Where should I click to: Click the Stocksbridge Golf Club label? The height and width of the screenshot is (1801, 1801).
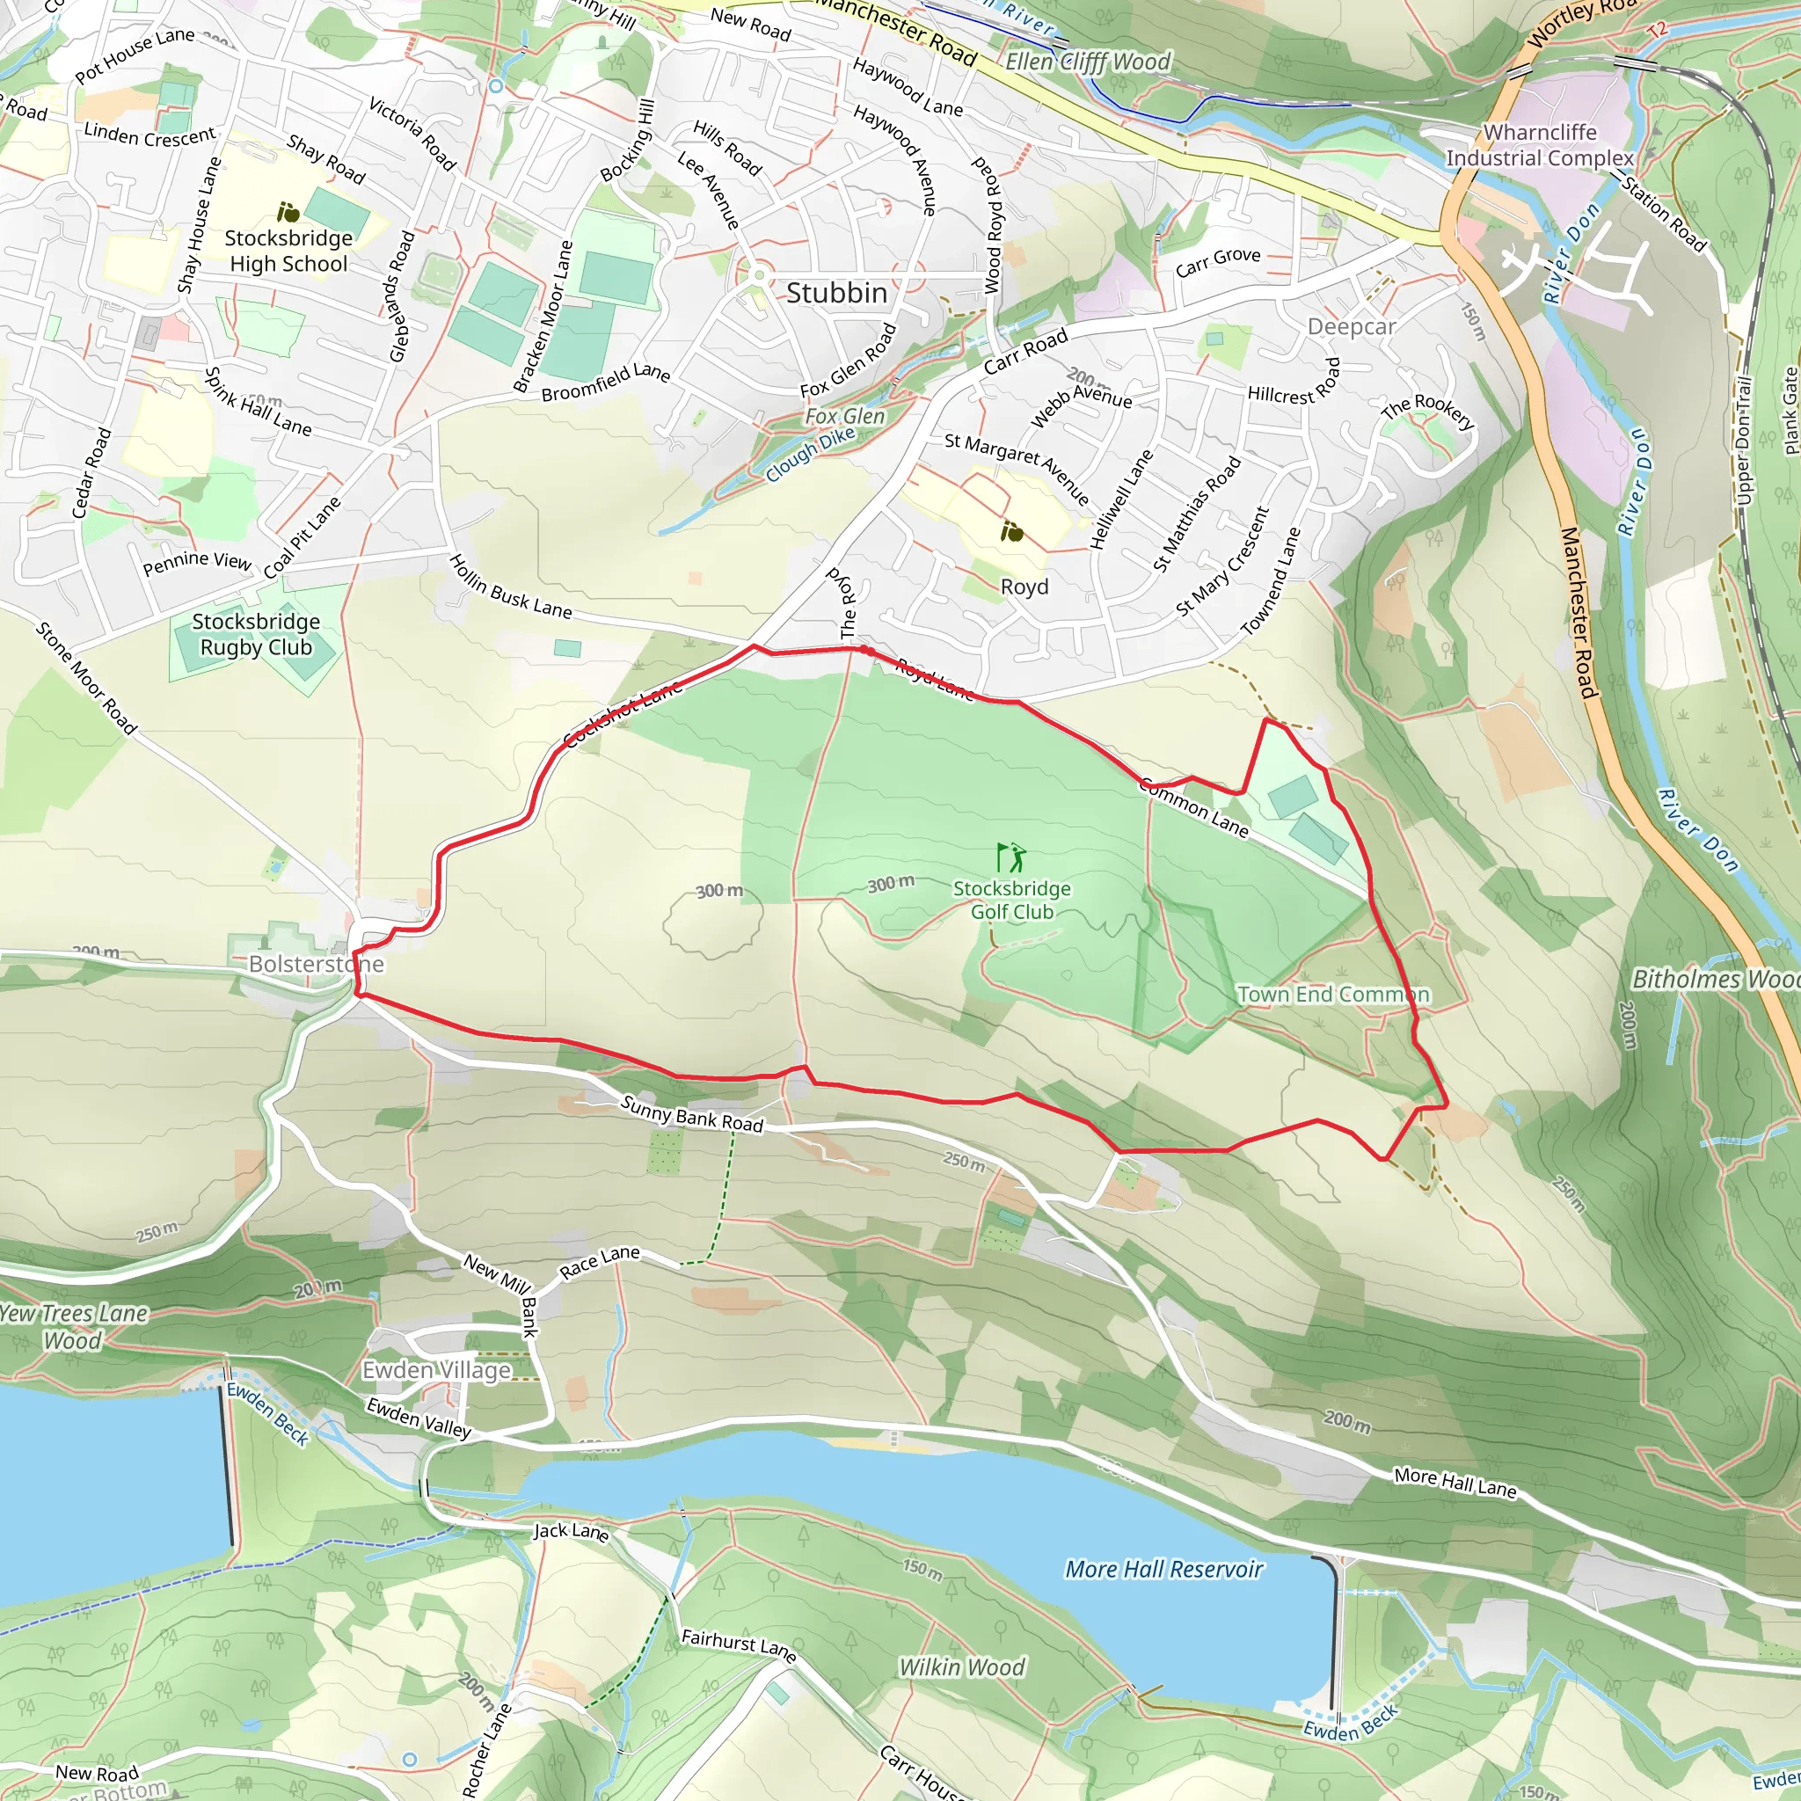point(1011,900)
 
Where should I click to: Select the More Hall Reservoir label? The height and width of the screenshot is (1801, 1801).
point(1163,1569)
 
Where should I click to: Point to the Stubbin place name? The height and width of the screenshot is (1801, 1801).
point(836,293)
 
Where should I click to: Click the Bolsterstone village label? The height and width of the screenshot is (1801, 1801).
point(316,964)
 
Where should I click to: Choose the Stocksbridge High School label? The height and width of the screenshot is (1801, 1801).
point(288,251)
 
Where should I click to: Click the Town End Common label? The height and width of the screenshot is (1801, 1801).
point(1333,995)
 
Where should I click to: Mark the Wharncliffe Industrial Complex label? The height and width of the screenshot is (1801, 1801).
point(1539,145)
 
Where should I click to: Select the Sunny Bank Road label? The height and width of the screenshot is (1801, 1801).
point(692,1114)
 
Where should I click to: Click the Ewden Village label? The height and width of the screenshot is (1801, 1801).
point(436,1369)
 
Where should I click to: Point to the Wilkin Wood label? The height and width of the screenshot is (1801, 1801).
point(961,1666)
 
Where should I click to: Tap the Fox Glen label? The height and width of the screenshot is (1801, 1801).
point(844,417)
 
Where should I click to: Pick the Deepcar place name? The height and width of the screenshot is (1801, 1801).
point(1351,326)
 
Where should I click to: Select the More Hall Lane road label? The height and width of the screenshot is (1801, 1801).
point(1455,1481)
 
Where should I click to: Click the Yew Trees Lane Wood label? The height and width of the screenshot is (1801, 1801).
point(73,1326)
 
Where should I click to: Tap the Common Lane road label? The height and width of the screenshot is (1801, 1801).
point(1193,807)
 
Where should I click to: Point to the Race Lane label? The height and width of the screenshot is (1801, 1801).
point(600,1262)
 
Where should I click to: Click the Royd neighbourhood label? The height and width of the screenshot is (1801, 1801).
point(1024,587)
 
